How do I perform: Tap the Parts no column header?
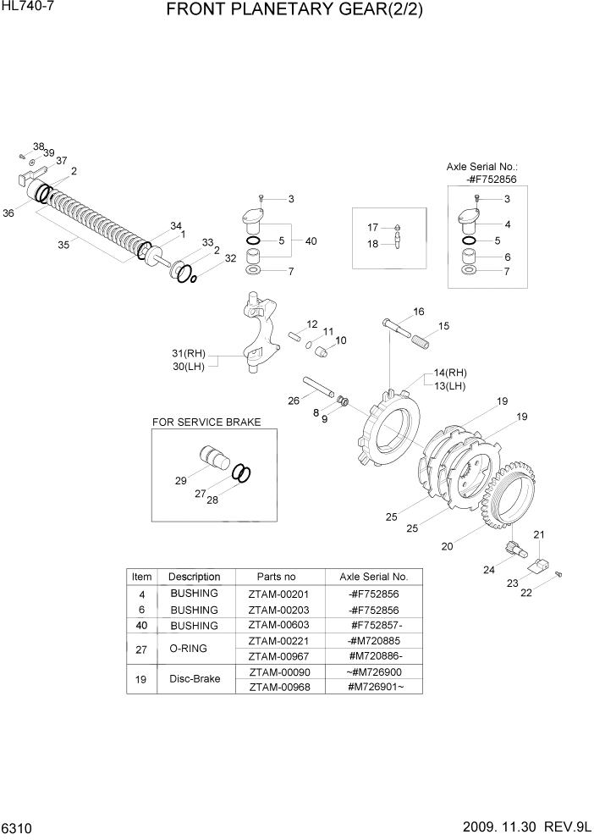(x=277, y=577)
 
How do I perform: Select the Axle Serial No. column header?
(x=373, y=577)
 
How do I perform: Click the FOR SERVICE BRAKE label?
(x=206, y=422)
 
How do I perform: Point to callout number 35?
(x=63, y=245)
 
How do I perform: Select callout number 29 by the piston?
(x=181, y=480)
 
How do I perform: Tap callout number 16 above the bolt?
(x=418, y=312)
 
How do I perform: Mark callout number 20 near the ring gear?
(x=446, y=546)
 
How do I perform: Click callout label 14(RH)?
(x=450, y=373)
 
